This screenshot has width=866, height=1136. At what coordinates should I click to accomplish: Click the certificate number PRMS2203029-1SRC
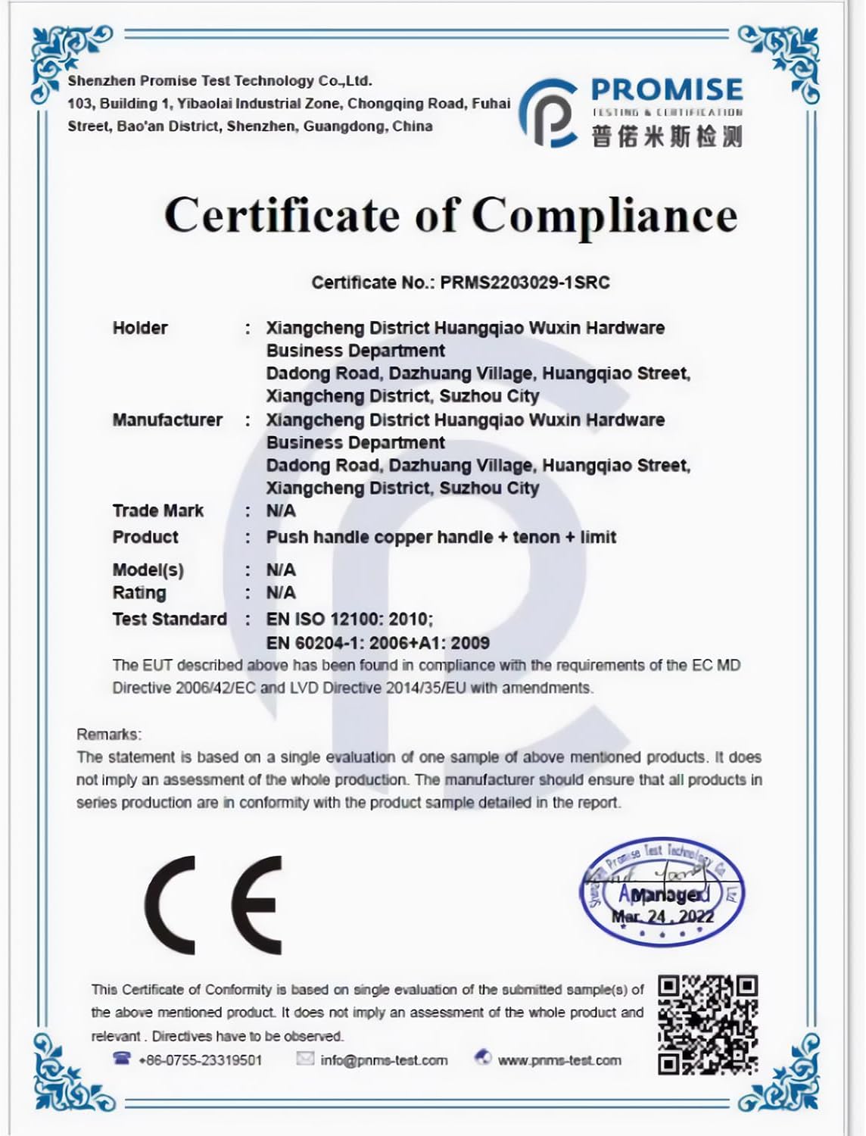pos(525,283)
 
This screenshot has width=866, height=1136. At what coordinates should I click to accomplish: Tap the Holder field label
pos(140,328)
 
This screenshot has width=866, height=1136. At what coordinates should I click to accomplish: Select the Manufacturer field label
pos(167,420)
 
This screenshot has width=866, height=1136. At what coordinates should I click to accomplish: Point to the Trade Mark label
pos(157,510)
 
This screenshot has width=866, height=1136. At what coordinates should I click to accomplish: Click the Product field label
pos(145,537)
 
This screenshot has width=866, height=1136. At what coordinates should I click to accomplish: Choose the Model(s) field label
pos(148,570)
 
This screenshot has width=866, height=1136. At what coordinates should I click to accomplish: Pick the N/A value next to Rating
pos(281,593)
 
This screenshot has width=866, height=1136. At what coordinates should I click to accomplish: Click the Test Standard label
pos(170,619)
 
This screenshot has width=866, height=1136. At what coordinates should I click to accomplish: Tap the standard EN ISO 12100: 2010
pos(349,619)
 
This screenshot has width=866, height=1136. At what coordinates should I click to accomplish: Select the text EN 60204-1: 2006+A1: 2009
pos(378,643)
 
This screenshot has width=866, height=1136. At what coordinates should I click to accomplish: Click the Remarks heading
pos(108,734)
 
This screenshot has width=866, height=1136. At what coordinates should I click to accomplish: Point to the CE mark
pos(213,905)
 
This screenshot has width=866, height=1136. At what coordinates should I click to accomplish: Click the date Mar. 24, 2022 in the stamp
pos(662,916)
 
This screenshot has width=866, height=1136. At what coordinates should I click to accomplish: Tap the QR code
pos(707,1025)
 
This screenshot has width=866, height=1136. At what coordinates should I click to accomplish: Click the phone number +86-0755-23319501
pos(200,1060)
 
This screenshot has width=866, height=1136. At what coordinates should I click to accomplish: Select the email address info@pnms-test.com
pos(384,1060)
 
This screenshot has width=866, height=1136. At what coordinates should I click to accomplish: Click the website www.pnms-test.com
pos(559,1060)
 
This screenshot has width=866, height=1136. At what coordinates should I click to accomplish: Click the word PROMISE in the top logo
pos(666,90)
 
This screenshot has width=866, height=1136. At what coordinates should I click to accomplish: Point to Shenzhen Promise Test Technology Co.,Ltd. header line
pos(220,81)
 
